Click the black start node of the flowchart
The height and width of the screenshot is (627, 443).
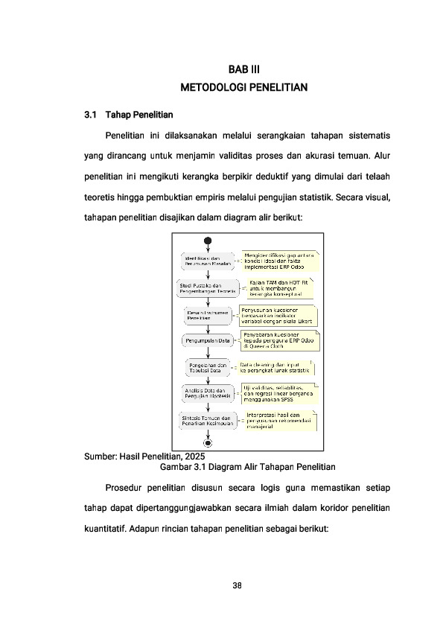208,241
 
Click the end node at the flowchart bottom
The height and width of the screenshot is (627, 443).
208,442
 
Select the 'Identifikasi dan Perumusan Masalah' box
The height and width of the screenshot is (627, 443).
208,261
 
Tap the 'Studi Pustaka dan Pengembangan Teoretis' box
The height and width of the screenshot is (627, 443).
208,289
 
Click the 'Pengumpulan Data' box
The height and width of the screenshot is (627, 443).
208,341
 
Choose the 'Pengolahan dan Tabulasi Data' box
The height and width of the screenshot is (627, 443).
208,367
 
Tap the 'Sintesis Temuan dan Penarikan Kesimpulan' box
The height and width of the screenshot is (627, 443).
208,421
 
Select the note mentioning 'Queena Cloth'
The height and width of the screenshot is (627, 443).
279,341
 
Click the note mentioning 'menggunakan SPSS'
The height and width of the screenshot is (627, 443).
278,394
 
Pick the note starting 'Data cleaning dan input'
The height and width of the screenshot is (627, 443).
275,367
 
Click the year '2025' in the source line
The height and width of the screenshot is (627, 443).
192,456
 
